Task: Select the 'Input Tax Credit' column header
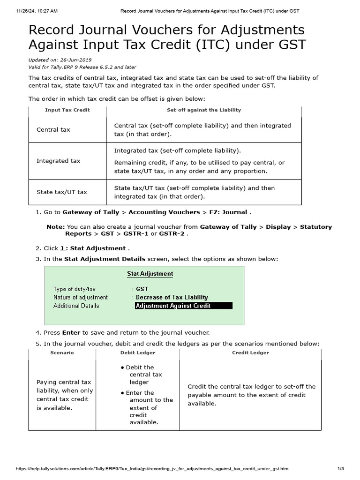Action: click(67, 110)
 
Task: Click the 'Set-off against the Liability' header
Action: click(203, 110)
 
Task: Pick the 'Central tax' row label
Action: click(53, 129)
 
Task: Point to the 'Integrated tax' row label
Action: click(58, 161)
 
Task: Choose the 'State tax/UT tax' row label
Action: click(61, 192)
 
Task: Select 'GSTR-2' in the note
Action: click(172, 233)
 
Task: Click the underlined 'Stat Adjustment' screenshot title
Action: click(150, 274)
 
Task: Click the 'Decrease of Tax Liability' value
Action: click(172, 297)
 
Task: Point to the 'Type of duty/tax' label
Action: click(74, 289)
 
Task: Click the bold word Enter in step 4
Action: click(71, 332)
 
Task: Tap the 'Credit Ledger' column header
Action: click(250, 352)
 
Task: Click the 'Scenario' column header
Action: click(62, 352)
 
